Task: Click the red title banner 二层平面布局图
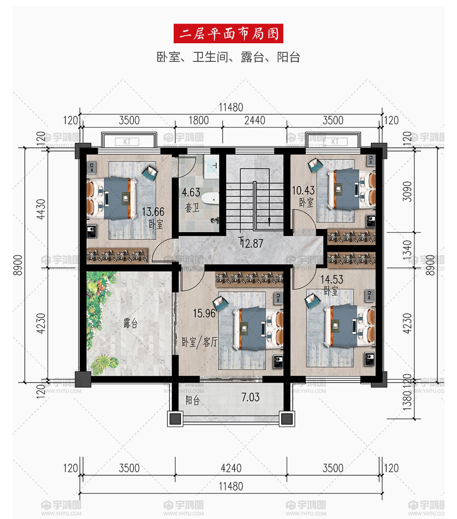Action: [x=228, y=33]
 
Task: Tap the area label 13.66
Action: [x=153, y=212]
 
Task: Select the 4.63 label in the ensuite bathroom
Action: [x=191, y=192]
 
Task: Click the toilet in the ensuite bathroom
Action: [x=210, y=198]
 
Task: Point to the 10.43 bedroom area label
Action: [x=303, y=190]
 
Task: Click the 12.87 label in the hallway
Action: [x=252, y=243]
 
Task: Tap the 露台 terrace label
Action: [x=131, y=323]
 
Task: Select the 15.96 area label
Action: [x=204, y=313]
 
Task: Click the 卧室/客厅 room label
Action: [x=200, y=342]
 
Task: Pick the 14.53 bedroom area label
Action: [x=332, y=279]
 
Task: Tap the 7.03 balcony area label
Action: [x=251, y=397]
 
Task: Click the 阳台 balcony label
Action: [x=192, y=400]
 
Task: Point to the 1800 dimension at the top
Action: [x=198, y=120]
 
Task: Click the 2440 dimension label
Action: [x=255, y=120]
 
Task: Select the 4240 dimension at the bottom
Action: [x=231, y=468]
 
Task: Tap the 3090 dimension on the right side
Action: [x=407, y=191]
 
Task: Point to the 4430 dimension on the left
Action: [x=41, y=209]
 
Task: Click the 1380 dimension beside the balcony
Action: [x=407, y=400]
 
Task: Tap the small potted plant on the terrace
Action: [x=104, y=362]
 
